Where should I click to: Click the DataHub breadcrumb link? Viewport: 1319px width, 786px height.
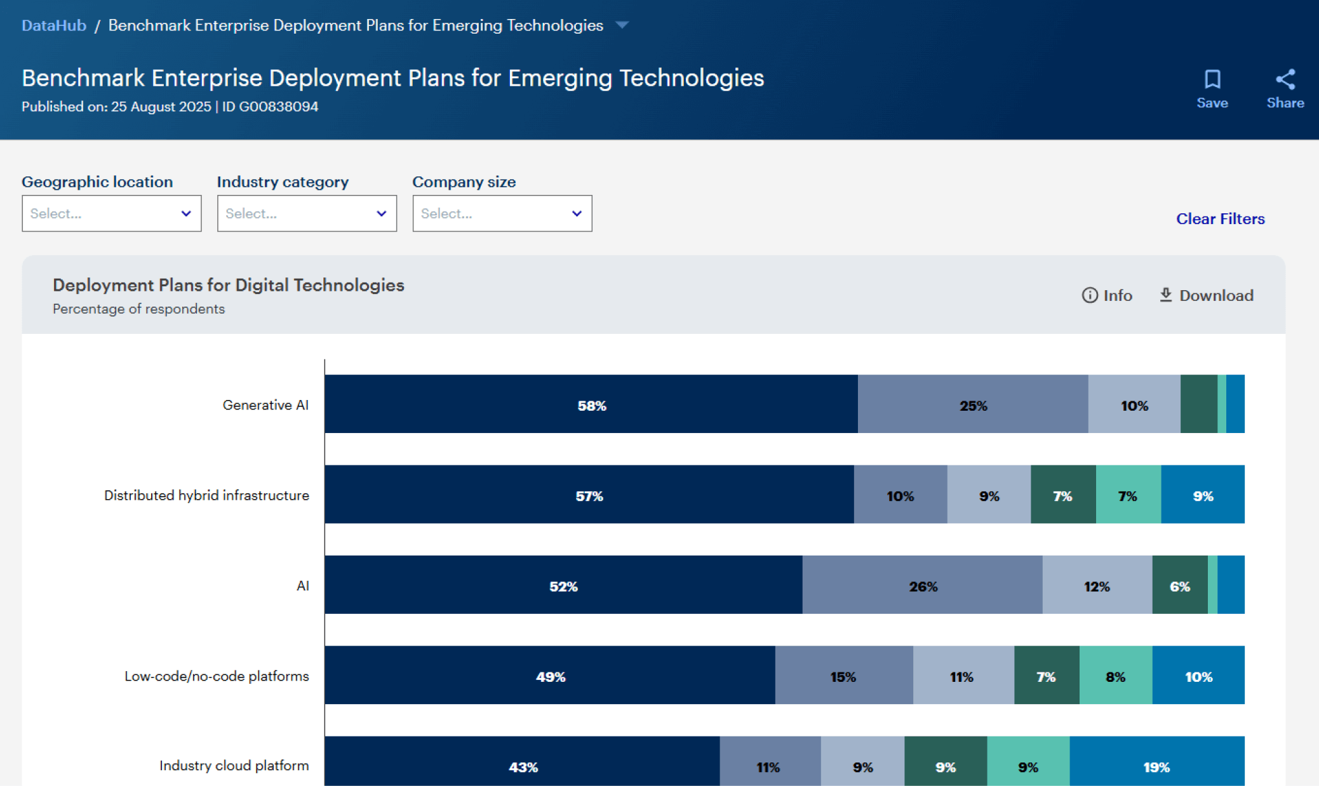(x=54, y=25)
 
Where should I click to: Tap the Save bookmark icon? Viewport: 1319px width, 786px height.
(x=1212, y=79)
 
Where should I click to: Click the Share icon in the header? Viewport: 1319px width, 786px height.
(x=1285, y=79)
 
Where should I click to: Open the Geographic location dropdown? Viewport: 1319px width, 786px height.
(x=111, y=213)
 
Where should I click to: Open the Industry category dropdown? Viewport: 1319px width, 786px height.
(x=307, y=213)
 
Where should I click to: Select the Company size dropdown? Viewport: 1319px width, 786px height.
(x=502, y=213)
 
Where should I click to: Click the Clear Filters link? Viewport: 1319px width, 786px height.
(x=1220, y=218)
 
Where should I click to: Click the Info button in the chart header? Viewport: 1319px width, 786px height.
(x=1107, y=295)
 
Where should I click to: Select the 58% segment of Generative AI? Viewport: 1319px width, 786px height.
(x=591, y=404)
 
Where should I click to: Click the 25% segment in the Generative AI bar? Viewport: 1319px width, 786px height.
(x=972, y=404)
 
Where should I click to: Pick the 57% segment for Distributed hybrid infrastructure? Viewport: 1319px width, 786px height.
(x=589, y=495)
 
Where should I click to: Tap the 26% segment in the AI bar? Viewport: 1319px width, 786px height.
(x=922, y=585)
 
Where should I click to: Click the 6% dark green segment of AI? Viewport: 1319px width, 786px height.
(x=1179, y=585)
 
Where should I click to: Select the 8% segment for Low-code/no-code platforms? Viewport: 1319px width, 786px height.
(x=1115, y=676)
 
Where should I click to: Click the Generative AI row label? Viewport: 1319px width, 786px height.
(x=265, y=405)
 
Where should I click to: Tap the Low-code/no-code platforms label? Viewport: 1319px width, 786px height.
(x=217, y=676)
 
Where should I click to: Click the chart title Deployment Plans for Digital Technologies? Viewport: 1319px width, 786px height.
(x=228, y=285)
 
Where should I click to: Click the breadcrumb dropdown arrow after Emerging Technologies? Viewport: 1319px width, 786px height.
(x=622, y=25)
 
